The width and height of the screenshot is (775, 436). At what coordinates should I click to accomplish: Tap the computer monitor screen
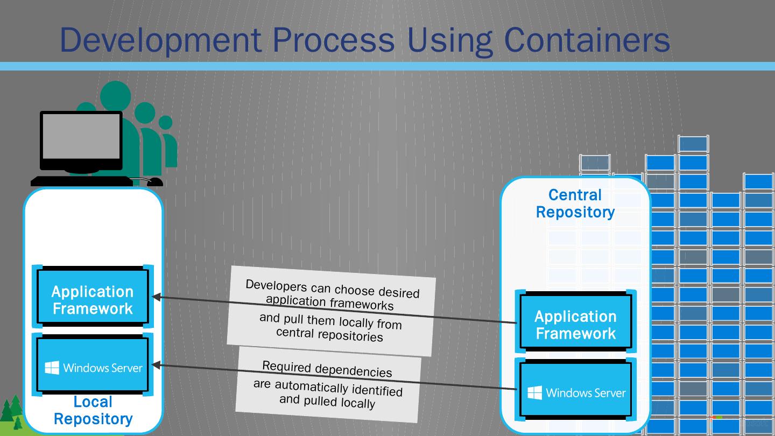tap(81, 136)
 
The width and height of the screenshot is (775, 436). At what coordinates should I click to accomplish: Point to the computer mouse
tap(154, 182)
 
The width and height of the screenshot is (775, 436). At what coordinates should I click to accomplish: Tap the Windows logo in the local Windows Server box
tap(52, 368)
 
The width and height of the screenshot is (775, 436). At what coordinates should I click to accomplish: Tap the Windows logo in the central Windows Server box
tap(535, 393)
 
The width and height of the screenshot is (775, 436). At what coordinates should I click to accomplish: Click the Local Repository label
tap(93, 410)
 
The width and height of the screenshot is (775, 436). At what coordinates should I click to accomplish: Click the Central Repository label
tap(575, 203)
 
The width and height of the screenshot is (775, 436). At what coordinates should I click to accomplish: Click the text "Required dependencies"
tap(327, 369)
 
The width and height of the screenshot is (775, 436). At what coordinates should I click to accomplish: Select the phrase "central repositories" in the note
tap(329, 335)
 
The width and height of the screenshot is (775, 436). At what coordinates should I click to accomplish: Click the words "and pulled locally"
tap(327, 400)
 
